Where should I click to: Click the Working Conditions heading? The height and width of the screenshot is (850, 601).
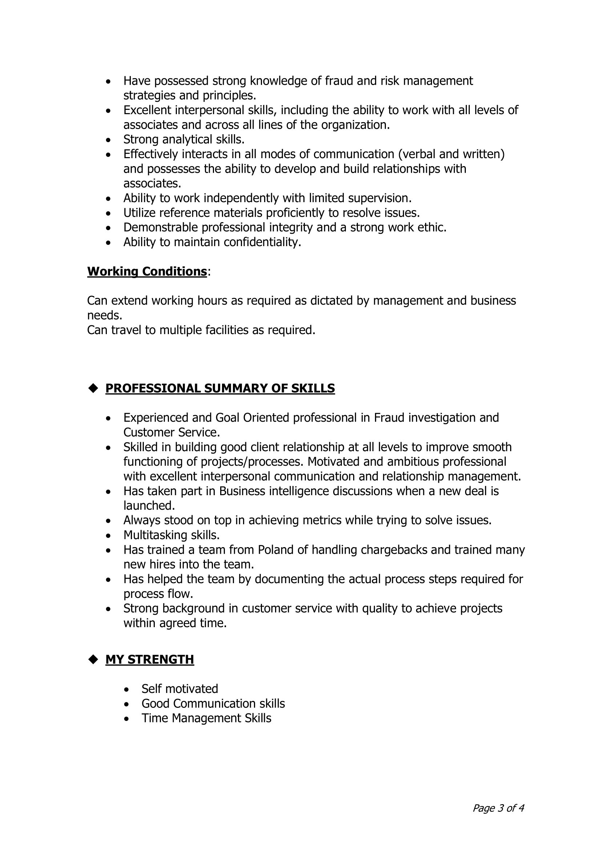click(x=147, y=271)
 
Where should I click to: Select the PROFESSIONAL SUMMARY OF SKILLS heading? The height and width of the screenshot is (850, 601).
click(x=220, y=388)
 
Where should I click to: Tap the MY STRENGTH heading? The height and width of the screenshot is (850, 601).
click(x=149, y=659)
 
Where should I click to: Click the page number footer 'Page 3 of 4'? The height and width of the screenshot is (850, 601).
click(x=498, y=808)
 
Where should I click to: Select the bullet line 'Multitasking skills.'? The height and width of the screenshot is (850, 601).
click(x=172, y=535)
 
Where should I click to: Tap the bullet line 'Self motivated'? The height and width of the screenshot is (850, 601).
click(x=180, y=689)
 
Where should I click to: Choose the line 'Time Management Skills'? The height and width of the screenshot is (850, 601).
click(x=206, y=718)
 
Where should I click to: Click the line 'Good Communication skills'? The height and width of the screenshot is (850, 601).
click(x=213, y=703)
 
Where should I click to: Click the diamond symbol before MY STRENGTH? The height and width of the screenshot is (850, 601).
click(x=93, y=659)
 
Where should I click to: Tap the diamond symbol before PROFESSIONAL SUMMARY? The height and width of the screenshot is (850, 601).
click(x=93, y=388)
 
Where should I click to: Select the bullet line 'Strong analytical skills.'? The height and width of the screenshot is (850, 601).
click(x=184, y=139)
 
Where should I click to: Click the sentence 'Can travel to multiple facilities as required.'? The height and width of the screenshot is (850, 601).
click(x=201, y=330)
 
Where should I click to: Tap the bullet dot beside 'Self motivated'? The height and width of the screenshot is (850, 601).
click(x=126, y=689)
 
